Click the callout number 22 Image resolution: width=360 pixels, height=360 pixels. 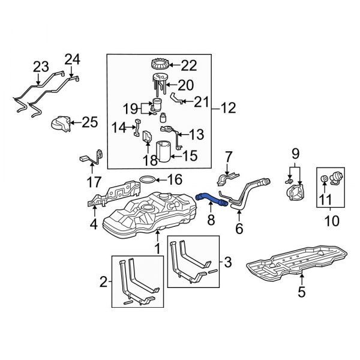pyautogui.click(x=188, y=65)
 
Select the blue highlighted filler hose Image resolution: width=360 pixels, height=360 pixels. pyautogui.click(x=209, y=199)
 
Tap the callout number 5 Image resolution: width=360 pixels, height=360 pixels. pyautogui.click(x=301, y=292)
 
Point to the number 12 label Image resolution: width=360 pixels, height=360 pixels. pyautogui.click(x=228, y=109)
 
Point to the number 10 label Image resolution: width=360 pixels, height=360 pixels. pyautogui.click(x=331, y=223)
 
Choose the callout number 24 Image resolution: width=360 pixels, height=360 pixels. pyautogui.click(x=72, y=59)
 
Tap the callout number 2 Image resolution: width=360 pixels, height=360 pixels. pyautogui.click(x=104, y=281)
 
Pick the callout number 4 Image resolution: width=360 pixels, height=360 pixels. pyautogui.click(x=92, y=226)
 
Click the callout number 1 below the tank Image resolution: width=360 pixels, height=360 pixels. pyautogui.click(x=158, y=247)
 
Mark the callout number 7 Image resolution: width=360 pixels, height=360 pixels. pyautogui.click(x=228, y=157)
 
